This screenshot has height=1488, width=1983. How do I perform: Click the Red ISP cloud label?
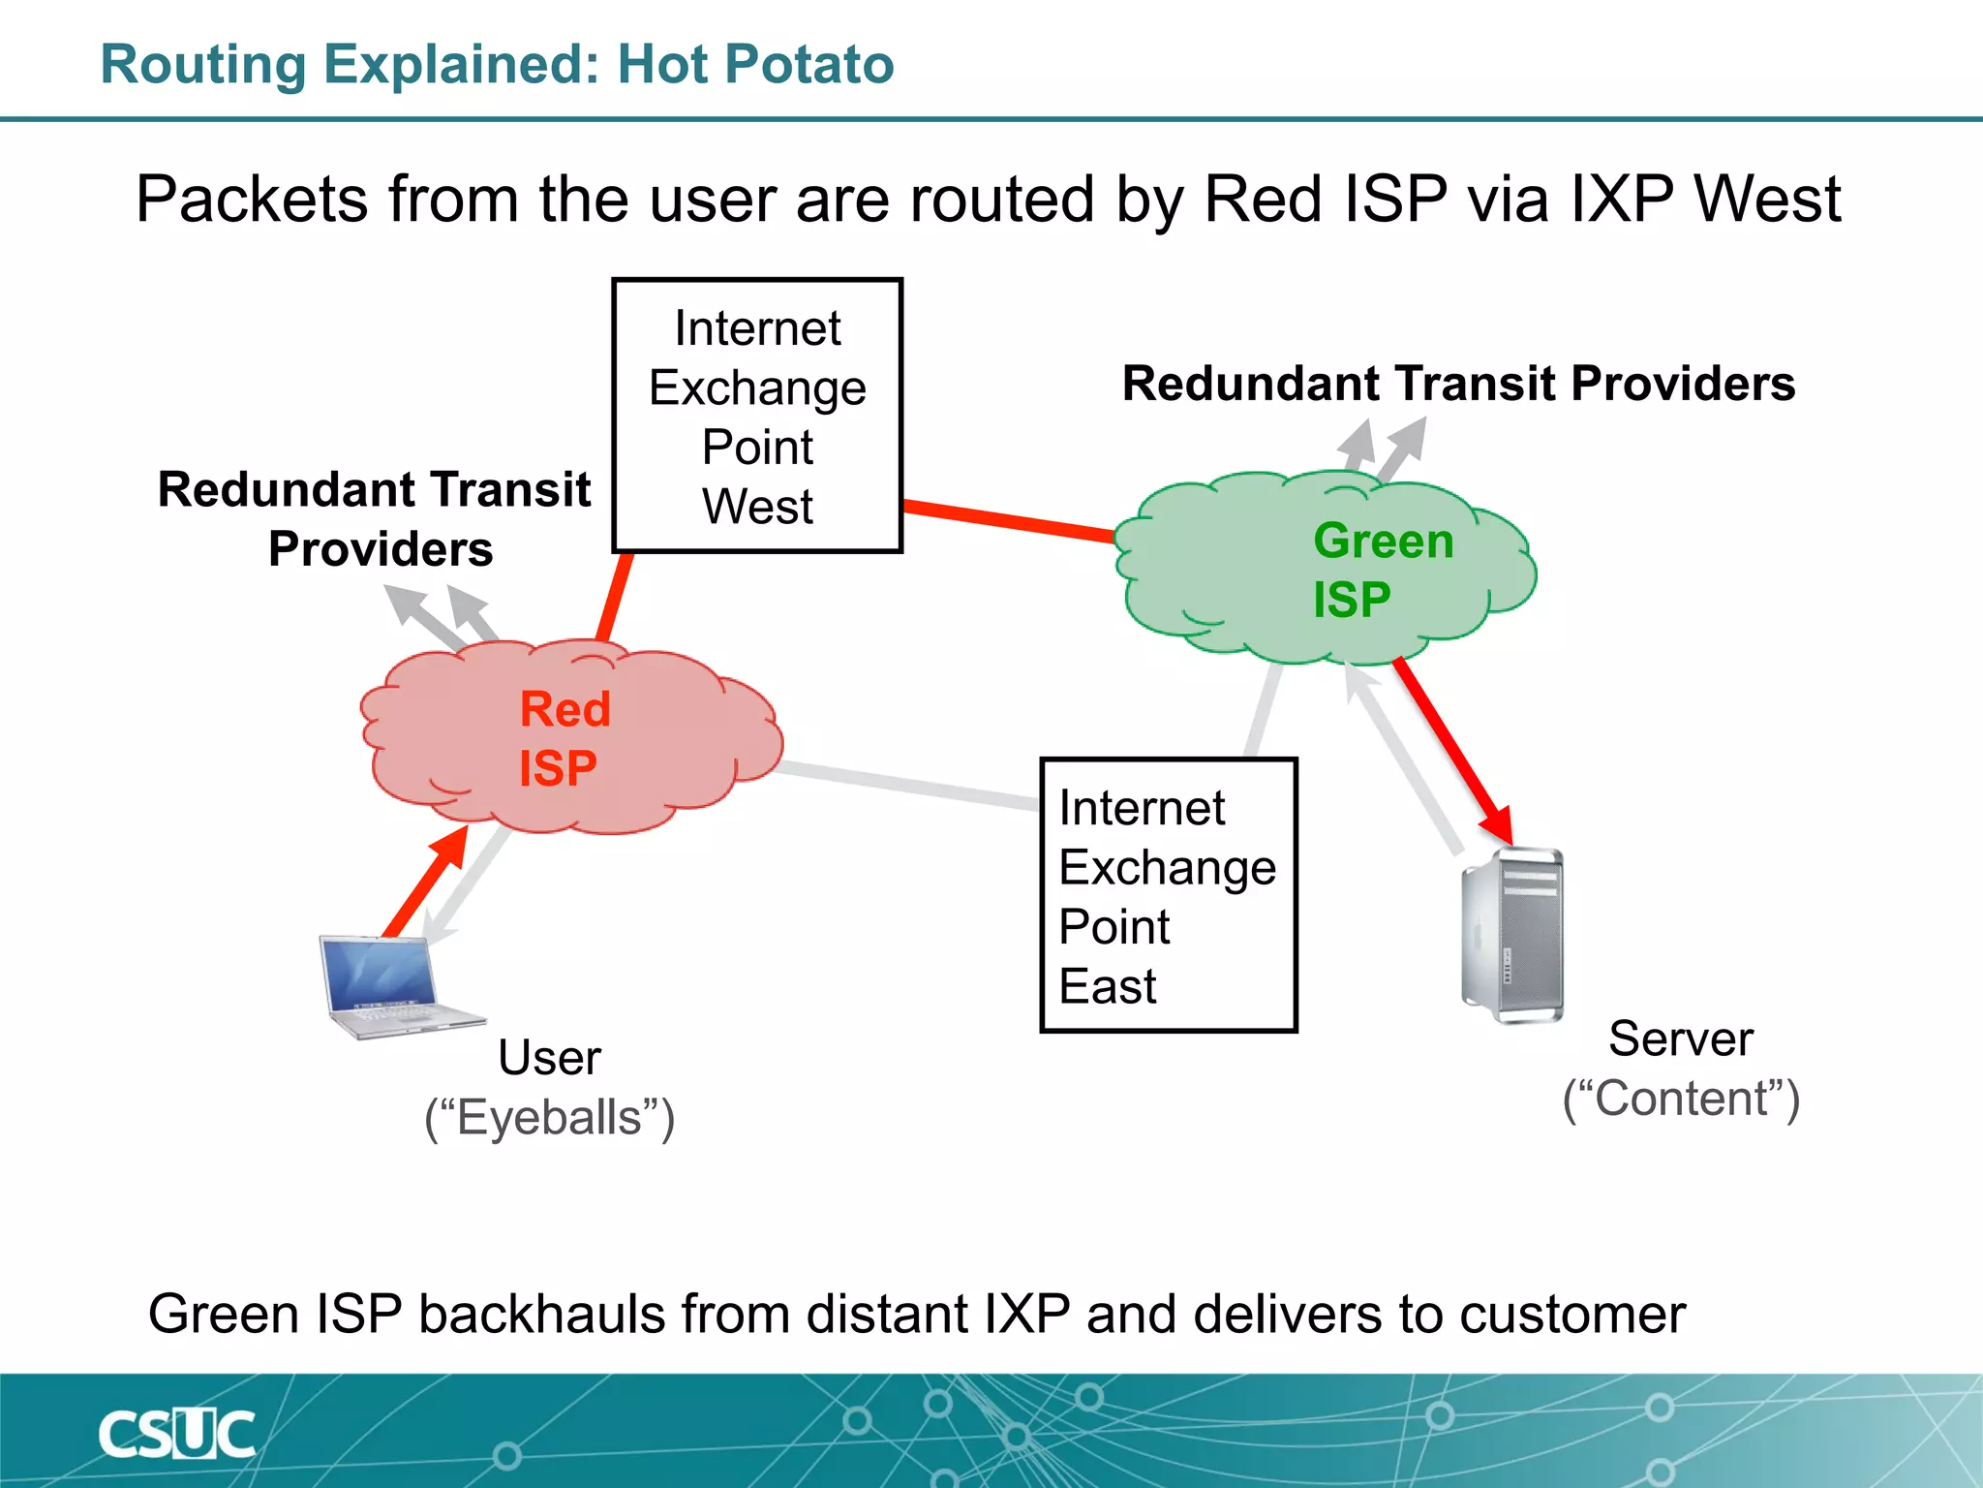pos(564,738)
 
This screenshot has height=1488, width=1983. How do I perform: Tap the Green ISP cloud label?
pos(1383,570)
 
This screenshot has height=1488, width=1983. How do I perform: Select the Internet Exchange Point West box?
pos(757,417)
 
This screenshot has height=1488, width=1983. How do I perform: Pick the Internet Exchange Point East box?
pos(1168,895)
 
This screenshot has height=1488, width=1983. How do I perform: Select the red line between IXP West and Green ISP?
pos(1007,519)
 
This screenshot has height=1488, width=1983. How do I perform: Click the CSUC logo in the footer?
pos(177,1434)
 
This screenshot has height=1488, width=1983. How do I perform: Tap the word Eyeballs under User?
pos(549,1118)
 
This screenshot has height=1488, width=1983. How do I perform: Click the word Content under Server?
pos(1681,1099)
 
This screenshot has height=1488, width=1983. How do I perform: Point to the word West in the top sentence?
pos(1767,200)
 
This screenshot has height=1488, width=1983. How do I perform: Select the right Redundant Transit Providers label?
pos(1458,384)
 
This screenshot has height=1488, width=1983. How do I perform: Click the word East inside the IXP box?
pos(1108,986)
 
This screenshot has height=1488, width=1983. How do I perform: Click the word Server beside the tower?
pos(1680,1038)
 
